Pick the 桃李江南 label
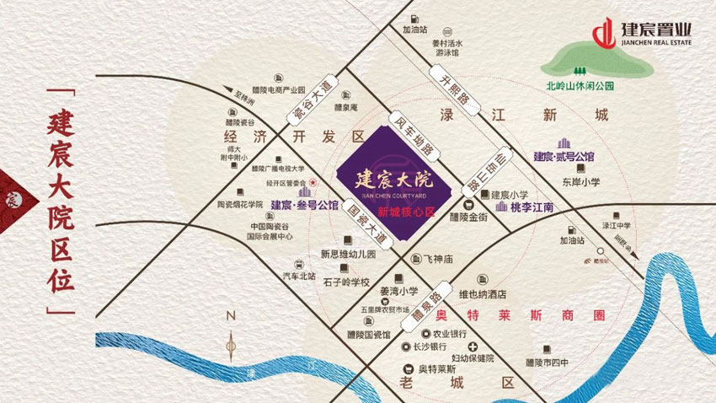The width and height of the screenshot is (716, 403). [x=532, y=207]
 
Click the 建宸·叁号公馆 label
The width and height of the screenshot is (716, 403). [x=304, y=205]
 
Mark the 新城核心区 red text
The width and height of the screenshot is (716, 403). [x=405, y=212]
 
